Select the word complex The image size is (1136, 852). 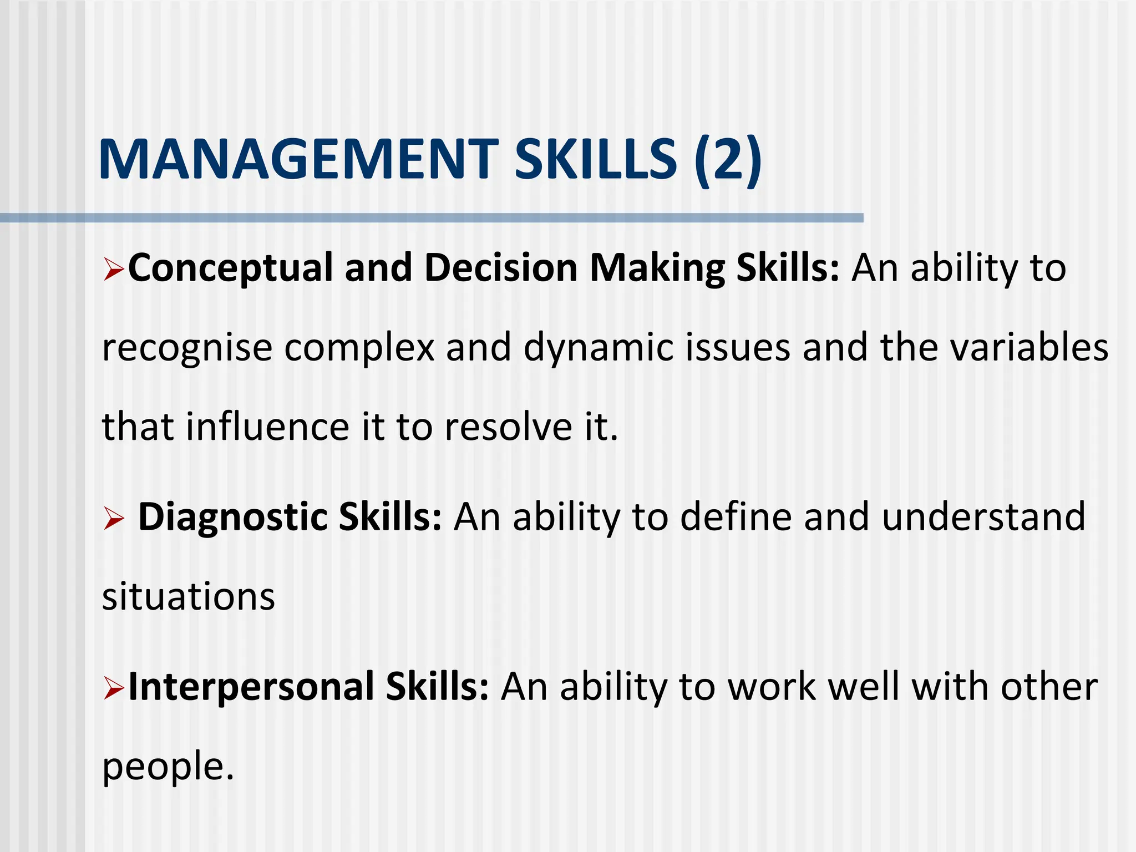click(359, 348)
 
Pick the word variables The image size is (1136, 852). click(1029, 347)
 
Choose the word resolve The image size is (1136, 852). click(509, 427)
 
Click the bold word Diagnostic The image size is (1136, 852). click(233, 518)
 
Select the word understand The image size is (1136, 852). click(983, 517)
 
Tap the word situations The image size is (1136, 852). click(189, 597)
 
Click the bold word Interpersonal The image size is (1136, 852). click(251, 687)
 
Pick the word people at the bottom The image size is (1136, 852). click(164, 768)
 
